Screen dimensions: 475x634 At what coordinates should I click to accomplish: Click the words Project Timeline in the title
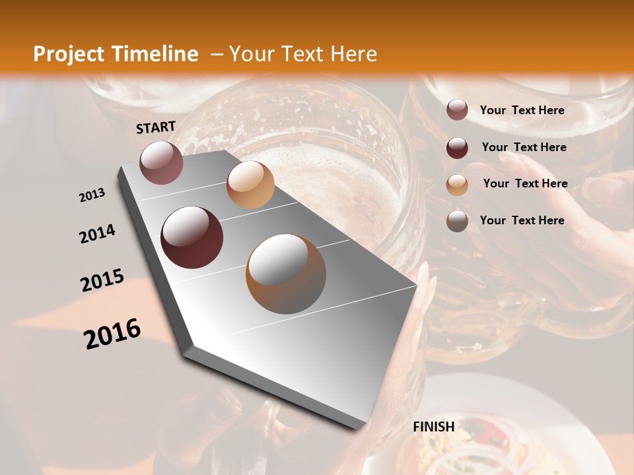click(116, 54)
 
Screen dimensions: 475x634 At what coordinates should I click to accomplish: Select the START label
click(156, 127)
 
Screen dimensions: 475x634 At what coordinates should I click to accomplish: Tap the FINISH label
click(434, 427)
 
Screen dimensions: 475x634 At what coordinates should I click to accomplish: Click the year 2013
click(92, 195)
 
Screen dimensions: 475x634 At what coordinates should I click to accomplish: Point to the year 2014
click(97, 234)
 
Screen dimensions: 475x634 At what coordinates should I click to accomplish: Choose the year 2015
click(102, 280)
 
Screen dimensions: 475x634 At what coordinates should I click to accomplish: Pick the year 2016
click(112, 333)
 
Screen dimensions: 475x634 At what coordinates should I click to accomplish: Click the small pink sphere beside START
click(161, 162)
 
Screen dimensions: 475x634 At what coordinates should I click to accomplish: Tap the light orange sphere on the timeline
click(250, 185)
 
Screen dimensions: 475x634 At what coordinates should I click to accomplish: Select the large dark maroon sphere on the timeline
click(192, 237)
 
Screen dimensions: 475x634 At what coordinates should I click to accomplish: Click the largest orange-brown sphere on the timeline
click(286, 273)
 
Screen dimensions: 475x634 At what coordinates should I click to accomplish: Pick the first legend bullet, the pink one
click(457, 110)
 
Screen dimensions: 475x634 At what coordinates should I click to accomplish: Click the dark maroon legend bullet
click(457, 148)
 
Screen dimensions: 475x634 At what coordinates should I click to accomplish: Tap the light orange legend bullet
click(457, 185)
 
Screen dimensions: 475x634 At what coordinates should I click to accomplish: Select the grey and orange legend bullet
click(457, 221)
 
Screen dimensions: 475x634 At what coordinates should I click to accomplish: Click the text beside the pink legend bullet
click(522, 110)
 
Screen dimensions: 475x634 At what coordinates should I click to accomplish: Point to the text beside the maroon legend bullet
click(524, 147)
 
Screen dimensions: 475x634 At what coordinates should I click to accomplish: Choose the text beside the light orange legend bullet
click(525, 183)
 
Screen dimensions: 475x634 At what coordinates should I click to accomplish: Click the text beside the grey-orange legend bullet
click(522, 220)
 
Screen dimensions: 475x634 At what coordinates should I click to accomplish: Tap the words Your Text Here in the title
click(303, 54)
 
